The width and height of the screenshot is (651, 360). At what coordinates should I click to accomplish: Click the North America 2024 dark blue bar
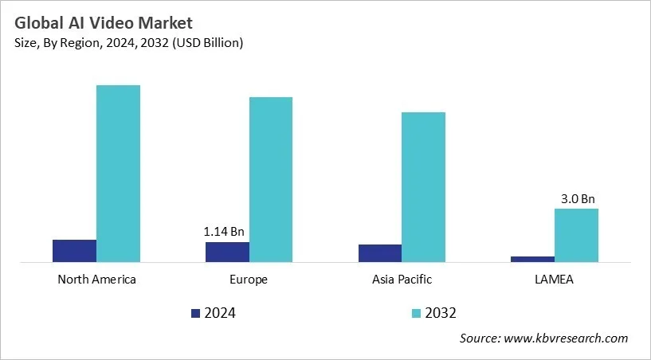(x=74, y=250)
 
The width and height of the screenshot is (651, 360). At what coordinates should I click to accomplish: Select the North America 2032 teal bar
(x=118, y=173)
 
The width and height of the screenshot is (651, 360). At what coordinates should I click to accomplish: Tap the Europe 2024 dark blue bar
(x=227, y=252)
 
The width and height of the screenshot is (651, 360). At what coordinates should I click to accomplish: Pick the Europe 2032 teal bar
(x=271, y=179)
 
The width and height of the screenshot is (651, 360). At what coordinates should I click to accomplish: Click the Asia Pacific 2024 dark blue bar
(x=380, y=252)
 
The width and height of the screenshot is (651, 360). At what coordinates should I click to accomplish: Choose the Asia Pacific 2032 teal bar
(x=423, y=186)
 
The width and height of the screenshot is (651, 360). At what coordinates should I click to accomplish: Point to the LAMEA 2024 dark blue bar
(x=532, y=259)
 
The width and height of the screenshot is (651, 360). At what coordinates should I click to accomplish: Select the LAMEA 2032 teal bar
(x=576, y=235)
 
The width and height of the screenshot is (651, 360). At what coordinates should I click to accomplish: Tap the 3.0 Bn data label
(x=576, y=198)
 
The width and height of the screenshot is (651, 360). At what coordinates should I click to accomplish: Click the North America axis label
(x=96, y=280)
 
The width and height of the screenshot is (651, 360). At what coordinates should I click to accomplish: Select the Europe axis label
(x=249, y=280)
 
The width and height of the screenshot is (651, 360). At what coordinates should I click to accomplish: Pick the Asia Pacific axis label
(x=402, y=280)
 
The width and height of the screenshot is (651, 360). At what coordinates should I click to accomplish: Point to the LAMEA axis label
(x=554, y=280)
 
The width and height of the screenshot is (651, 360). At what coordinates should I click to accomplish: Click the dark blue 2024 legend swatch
(x=196, y=313)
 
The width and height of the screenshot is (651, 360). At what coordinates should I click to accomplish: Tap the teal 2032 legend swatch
(x=417, y=313)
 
